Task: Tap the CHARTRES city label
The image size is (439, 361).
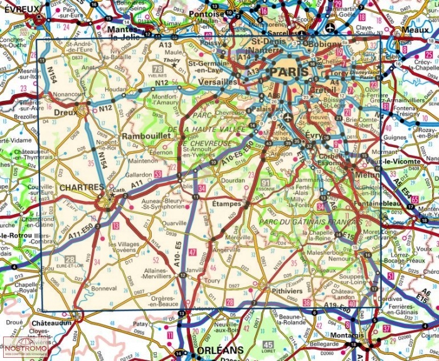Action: tap(82, 187)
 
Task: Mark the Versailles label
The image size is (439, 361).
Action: tap(218, 82)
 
